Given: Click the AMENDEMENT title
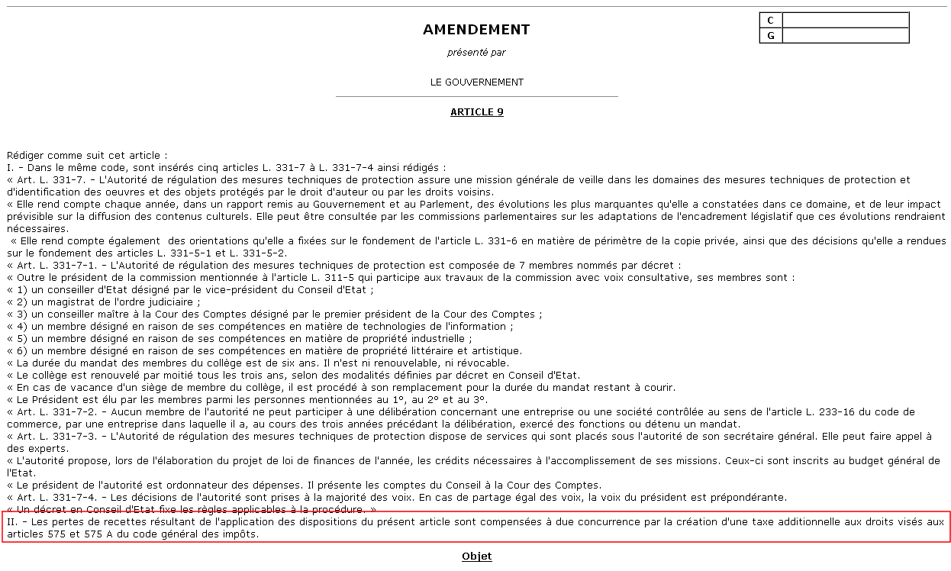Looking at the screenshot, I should (x=476, y=30).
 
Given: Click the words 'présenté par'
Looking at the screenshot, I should (x=476, y=53).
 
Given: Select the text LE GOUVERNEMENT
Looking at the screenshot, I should (x=477, y=82).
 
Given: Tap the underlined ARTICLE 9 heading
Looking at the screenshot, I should (x=477, y=112).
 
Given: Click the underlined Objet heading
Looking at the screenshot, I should (x=477, y=556).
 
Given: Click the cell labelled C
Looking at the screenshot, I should (x=771, y=21).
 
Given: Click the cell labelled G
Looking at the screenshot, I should (x=771, y=36).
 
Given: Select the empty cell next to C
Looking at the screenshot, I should (x=846, y=21).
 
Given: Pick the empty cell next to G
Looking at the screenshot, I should (x=846, y=36).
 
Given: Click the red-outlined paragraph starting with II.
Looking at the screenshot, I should (x=476, y=527).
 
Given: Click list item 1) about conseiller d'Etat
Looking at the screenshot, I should (x=191, y=290).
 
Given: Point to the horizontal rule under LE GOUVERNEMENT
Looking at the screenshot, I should (x=477, y=97).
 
